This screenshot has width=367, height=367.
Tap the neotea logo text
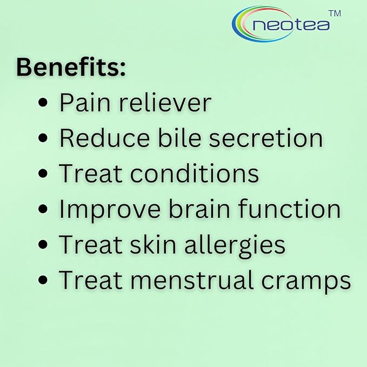(x=291, y=25)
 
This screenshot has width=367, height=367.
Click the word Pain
(x=85, y=103)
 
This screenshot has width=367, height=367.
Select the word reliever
(x=165, y=102)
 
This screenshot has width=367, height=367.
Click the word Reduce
(x=104, y=138)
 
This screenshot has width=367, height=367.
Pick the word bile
(x=179, y=138)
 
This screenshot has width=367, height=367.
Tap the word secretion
(x=266, y=138)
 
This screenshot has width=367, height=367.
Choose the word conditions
(x=195, y=173)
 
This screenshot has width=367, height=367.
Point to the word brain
(x=199, y=208)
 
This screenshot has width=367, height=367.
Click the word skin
(x=153, y=244)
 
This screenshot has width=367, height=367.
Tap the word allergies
(x=235, y=246)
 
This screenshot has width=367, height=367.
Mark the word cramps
(x=306, y=282)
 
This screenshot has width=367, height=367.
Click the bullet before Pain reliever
(x=43, y=103)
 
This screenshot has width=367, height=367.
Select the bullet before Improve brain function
(x=43, y=209)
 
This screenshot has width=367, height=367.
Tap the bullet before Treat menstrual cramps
(x=43, y=280)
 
